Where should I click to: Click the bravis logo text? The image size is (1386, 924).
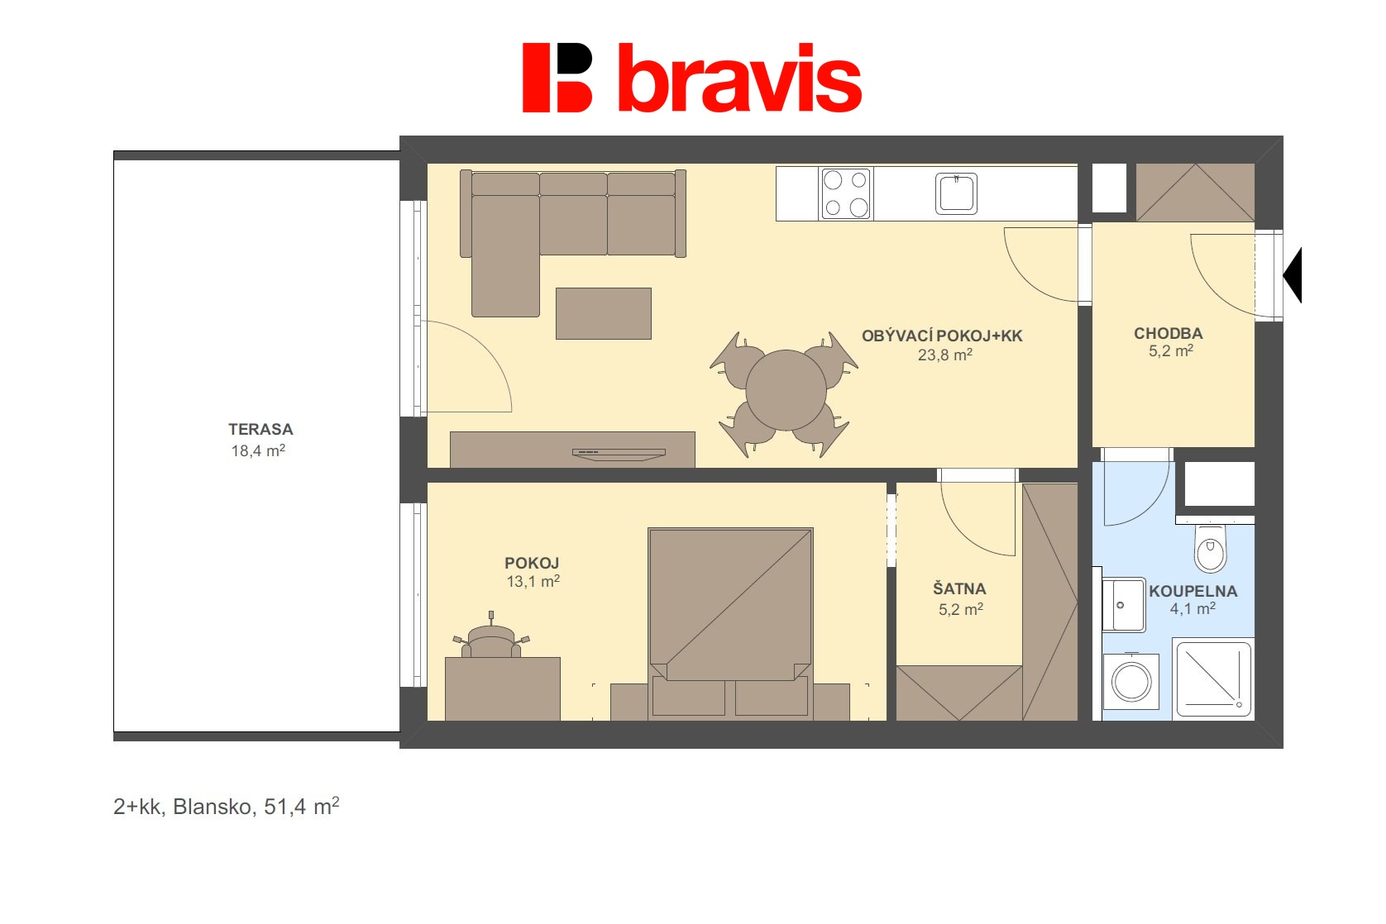tap(739, 79)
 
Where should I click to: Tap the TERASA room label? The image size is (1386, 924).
tap(260, 429)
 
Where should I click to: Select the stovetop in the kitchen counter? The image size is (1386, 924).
tap(845, 193)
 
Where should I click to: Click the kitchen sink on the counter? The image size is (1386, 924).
tap(956, 193)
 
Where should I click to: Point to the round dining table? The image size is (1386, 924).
tap(786, 390)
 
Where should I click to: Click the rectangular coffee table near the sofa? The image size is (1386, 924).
tap(603, 313)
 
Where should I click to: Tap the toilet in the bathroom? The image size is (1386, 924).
tap(1211, 550)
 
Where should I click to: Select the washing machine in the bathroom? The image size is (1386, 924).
tap(1130, 682)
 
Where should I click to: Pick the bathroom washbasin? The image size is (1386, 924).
tap(1124, 605)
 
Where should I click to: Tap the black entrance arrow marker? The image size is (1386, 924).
tap(1293, 275)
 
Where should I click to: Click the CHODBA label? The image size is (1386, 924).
tap(1168, 333)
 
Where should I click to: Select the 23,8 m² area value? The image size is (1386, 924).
tap(944, 355)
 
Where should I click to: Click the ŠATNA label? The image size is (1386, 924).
tap(959, 589)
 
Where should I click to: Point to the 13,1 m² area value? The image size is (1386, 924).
tap(533, 582)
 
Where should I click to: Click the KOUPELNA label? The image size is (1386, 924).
tap(1192, 591)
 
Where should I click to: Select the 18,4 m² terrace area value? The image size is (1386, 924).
tap(258, 450)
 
